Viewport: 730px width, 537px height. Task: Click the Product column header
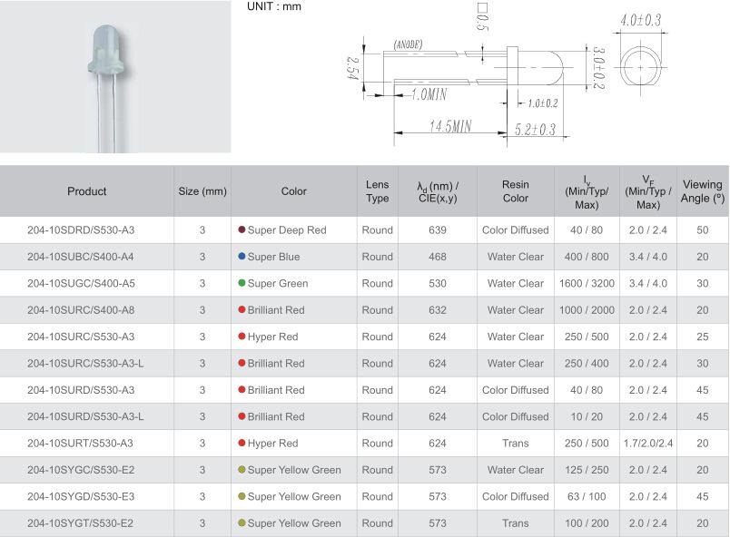[x=86, y=191]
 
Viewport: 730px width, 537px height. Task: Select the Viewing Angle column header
[x=703, y=191]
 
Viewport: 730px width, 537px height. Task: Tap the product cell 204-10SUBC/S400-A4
[x=81, y=257]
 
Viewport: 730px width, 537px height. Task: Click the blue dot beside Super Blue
[x=242, y=256]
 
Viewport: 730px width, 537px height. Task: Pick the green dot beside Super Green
[x=242, y=283]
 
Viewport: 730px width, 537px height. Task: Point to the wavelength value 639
[x=438, y=230]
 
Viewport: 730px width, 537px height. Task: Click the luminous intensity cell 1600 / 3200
[x=587, y=283]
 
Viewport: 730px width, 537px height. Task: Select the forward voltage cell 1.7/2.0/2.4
[x=648, y=443]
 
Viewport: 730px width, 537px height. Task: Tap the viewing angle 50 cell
[x=703, y=230]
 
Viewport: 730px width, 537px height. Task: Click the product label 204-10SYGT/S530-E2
[x=80, y=523]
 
